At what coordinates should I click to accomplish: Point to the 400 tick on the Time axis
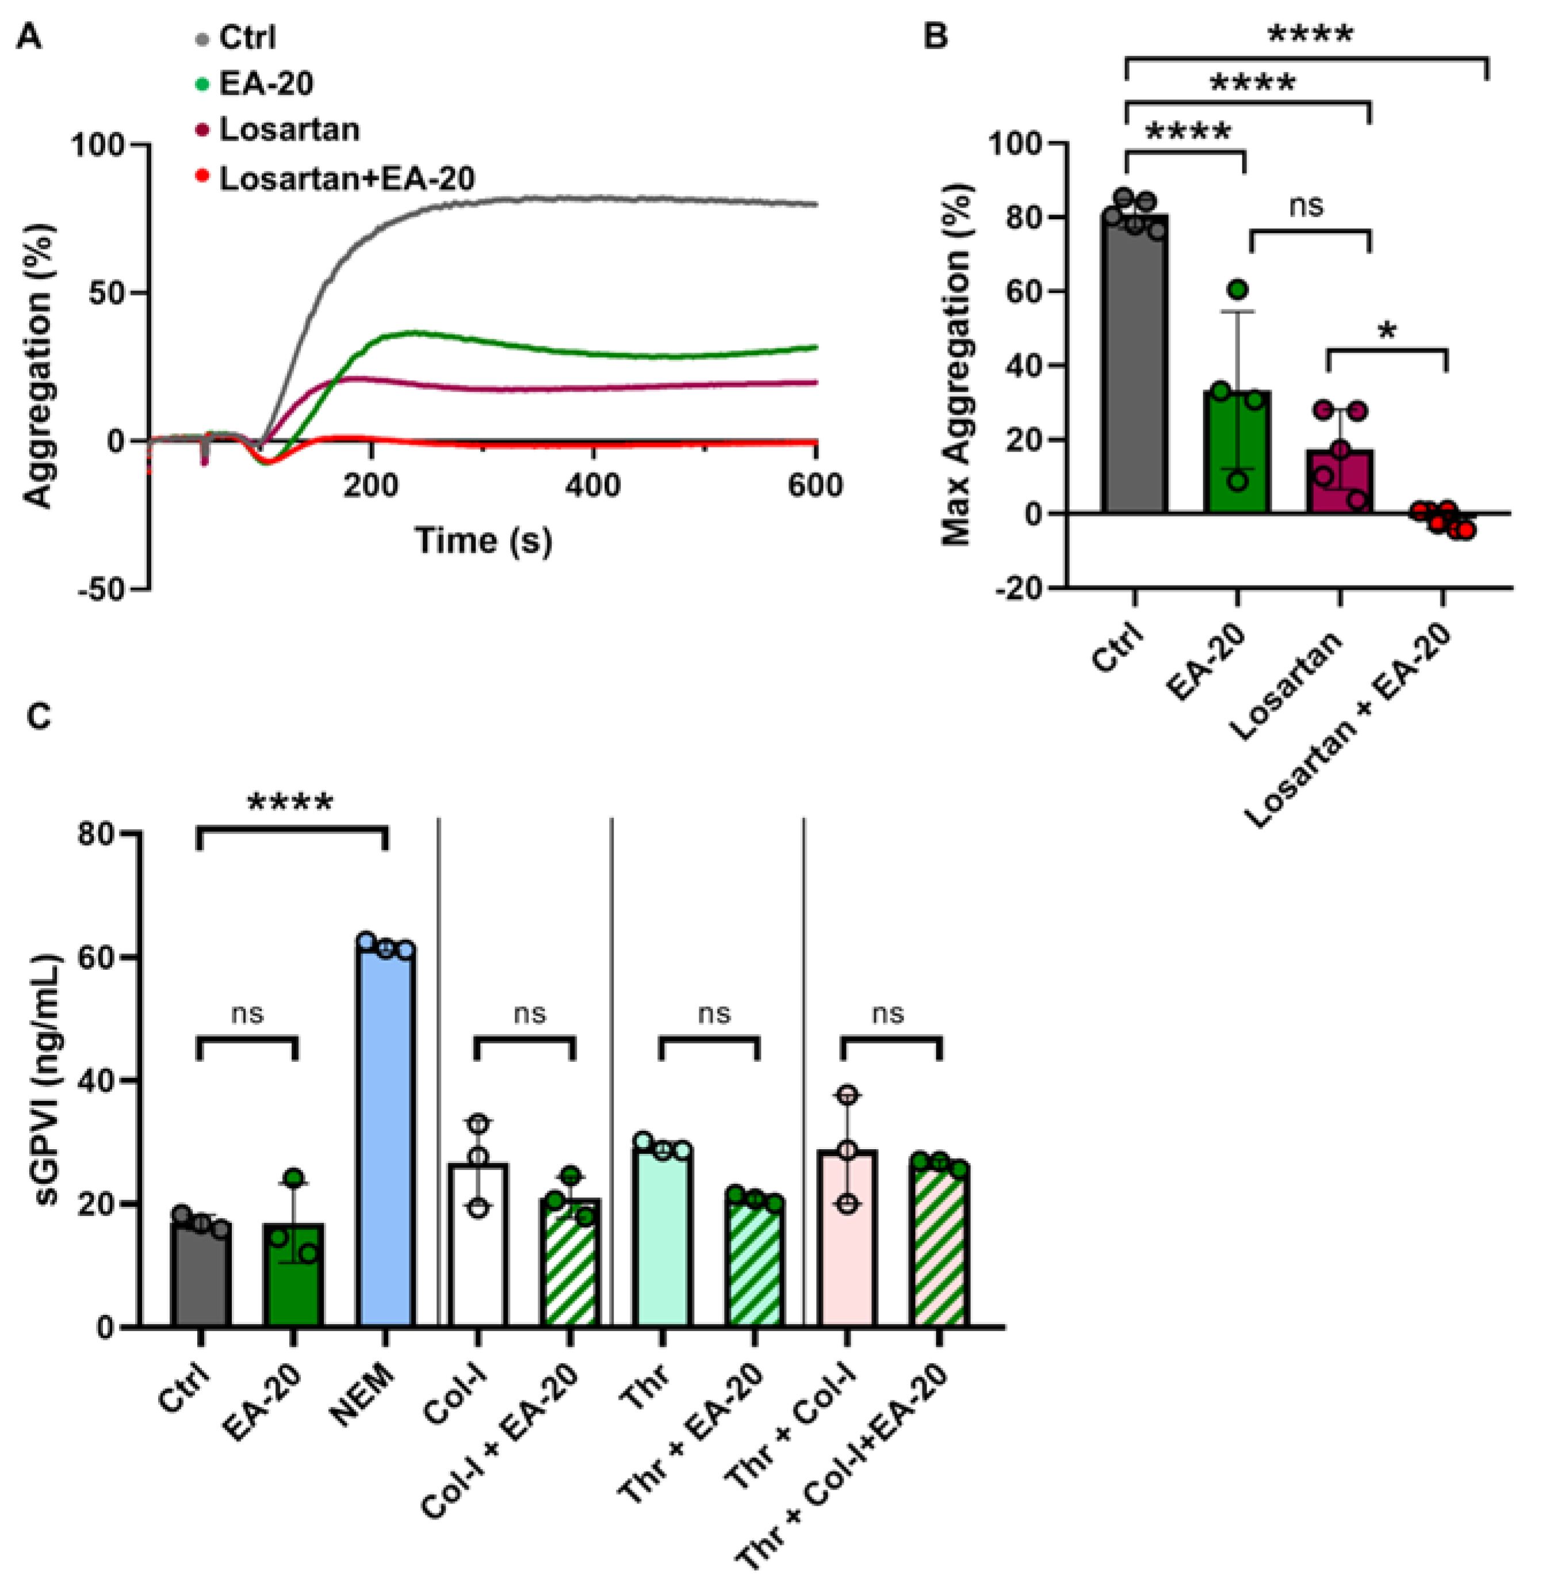(593, 486)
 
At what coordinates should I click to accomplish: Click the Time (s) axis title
(483, 540)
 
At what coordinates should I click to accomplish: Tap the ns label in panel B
(1306, 206)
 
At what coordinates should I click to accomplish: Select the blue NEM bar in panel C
(386, 1139)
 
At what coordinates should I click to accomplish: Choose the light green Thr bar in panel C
(663, 1237)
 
